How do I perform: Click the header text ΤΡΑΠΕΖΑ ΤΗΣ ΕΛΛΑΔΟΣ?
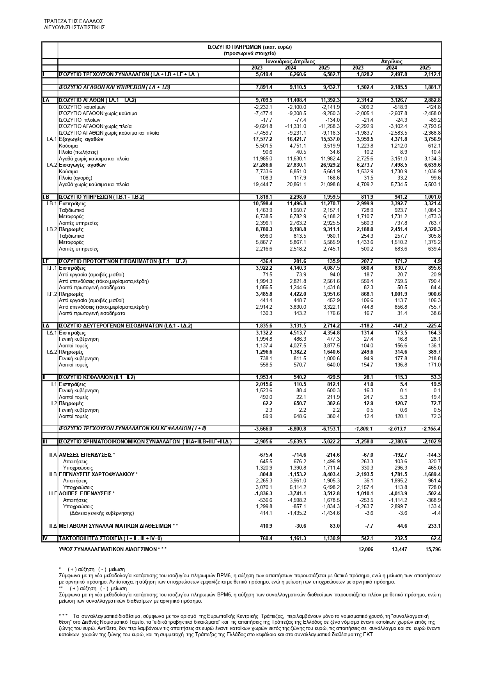tap(73, 21)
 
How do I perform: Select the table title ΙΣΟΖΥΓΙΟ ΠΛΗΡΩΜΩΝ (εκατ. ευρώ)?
tap(250, 47)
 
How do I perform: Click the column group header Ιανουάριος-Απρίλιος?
tap(290, 62)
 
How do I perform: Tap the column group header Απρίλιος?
tap(391, 62)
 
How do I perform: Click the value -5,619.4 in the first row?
tap(263, 75)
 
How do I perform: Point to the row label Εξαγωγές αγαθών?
tap(81, 139)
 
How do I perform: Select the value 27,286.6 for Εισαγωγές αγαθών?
tap(263, 165)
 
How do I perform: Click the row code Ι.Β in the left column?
tap(46, 197)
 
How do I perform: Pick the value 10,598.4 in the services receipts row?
tap(263, 204)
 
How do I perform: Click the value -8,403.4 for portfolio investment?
tap(330, 474)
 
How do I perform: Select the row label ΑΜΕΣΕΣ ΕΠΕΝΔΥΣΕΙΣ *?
tap(87, 455)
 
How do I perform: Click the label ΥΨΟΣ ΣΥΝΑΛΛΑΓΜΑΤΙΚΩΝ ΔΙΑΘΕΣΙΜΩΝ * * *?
tap(113, 549)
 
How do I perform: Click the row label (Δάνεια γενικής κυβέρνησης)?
tap(101, 513)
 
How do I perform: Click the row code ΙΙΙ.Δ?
tap(52, 526)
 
